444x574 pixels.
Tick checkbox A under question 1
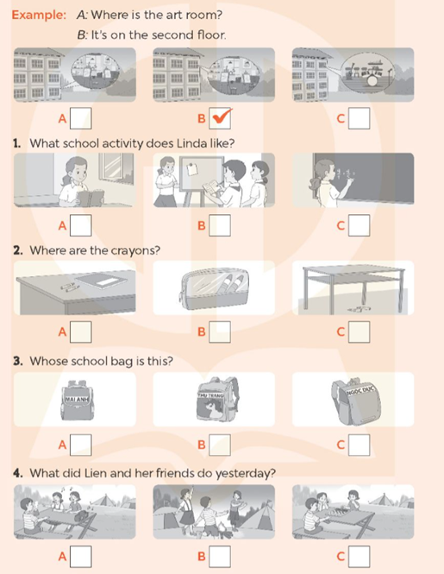tap(80, 226)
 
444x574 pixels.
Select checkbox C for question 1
tap(360, 226)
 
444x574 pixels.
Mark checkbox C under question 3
tap(360, 445)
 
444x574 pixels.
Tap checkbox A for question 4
tap(80, 556)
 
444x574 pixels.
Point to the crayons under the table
tap(356, 307)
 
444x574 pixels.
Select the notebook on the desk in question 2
tap(103, 281)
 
